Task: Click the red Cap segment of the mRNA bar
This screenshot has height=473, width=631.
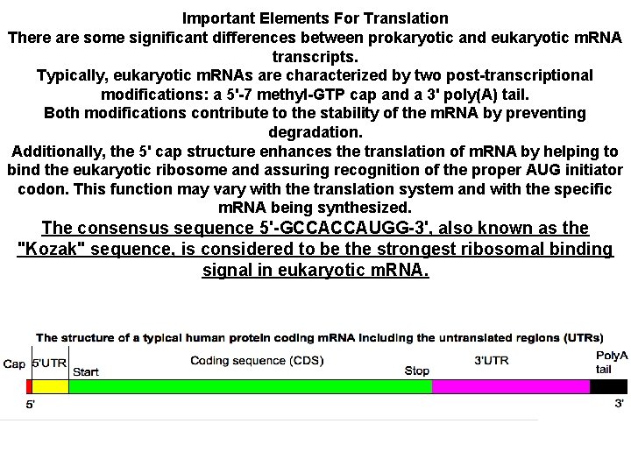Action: click(x=29, y=386)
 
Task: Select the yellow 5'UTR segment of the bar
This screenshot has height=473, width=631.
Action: click(x=50, y=386)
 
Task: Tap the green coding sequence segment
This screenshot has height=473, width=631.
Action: click(x=250, y=386)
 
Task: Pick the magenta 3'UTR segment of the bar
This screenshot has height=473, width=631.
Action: click(x=511, y=386)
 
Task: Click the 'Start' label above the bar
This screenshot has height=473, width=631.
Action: click(x=85, y=371)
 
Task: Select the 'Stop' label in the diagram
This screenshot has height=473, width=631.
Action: click(x=417, y=371)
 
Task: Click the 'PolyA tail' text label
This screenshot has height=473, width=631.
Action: click(x=611, y=362)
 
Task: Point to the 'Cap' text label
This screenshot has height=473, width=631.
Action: click(x=15, y=364)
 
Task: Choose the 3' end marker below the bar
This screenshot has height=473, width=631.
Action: click(x=620, y=403)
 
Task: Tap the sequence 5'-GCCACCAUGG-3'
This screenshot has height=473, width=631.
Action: click(x=344, y=228)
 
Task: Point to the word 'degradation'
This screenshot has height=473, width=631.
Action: click(x=315, y=132)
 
